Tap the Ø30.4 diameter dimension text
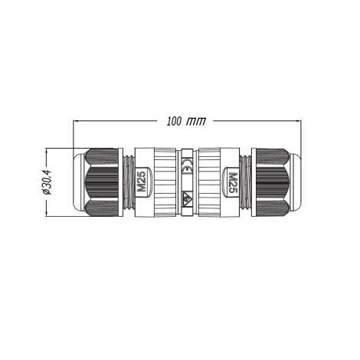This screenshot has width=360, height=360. point(47,183)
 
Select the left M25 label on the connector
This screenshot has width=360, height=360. point(142,182)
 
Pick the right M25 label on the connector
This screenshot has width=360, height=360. point(233,182)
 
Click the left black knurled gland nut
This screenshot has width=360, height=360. point(100,182)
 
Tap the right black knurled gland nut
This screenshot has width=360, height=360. point(273,182)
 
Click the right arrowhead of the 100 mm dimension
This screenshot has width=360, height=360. point(296,121)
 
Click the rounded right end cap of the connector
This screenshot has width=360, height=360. point(295,182)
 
